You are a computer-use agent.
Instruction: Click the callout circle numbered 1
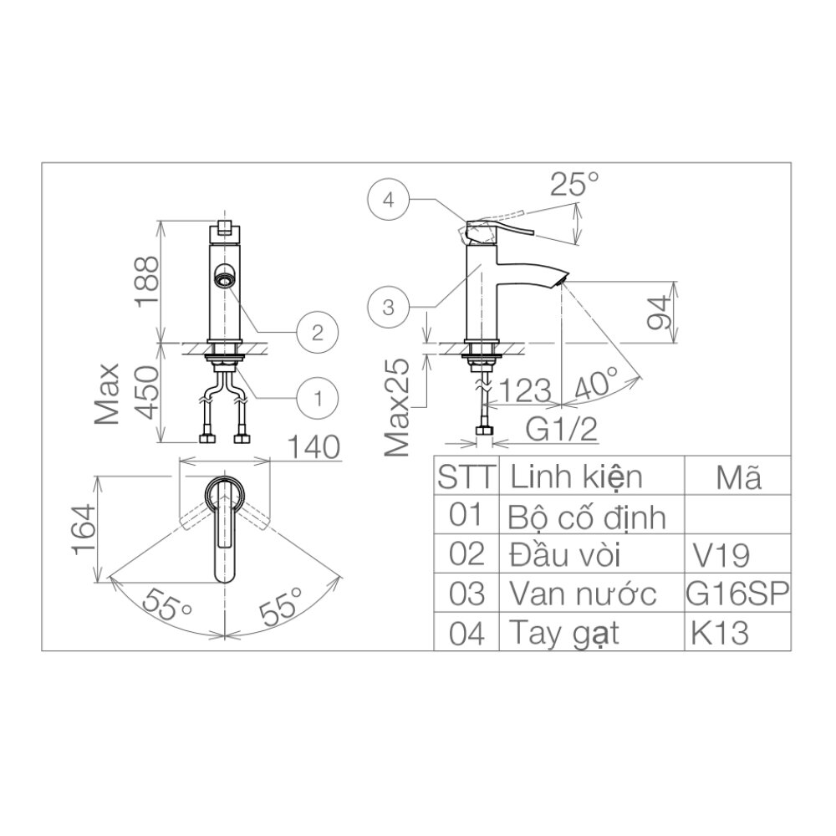click(x=317, y=396)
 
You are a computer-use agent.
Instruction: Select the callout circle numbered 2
click(x=317, y=333)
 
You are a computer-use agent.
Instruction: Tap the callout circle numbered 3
click(x=387, y=308)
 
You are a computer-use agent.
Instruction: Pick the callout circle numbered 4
click(x=387, y=200)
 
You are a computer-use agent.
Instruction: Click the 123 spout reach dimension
click(x=523, y=391)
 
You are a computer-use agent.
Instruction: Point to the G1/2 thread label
click(x=561, y=431)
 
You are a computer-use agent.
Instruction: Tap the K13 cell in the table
click(x=719, y=633)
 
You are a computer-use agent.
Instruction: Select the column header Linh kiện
click(x=577, y=477)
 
